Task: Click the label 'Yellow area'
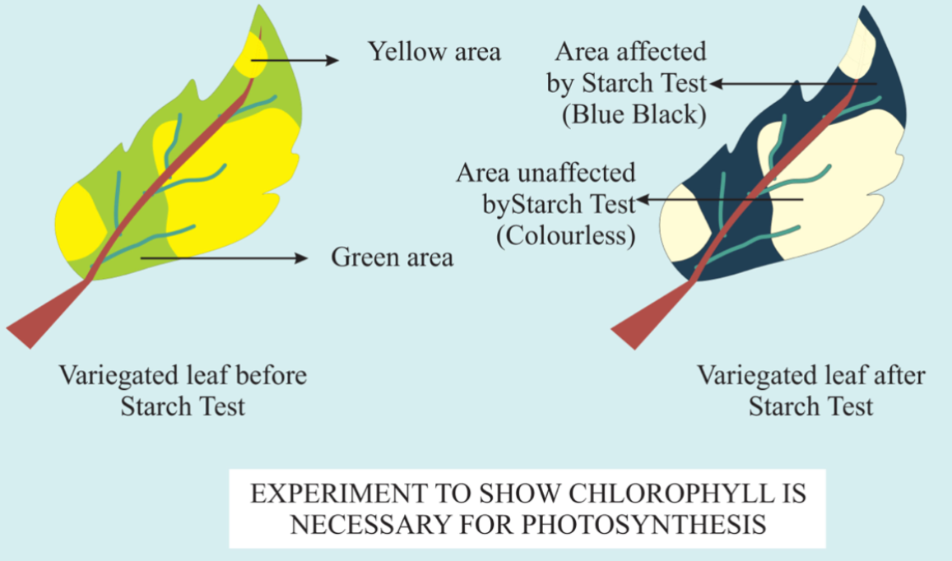click(x=434, y=52)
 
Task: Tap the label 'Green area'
click(x=392, y=257)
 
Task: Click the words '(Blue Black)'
click(x=634, y=115)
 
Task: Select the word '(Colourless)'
click(x=566, y=235)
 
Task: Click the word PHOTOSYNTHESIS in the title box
click(x=643, y=524)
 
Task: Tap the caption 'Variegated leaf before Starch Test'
click(x=183, y=391)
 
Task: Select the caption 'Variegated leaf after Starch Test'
click(x=811, y=391)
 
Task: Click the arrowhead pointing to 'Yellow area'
click(x=332, y=60)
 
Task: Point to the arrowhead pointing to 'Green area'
click(x=301, y=258)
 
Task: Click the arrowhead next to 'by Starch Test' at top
click(x=717, y=84)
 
